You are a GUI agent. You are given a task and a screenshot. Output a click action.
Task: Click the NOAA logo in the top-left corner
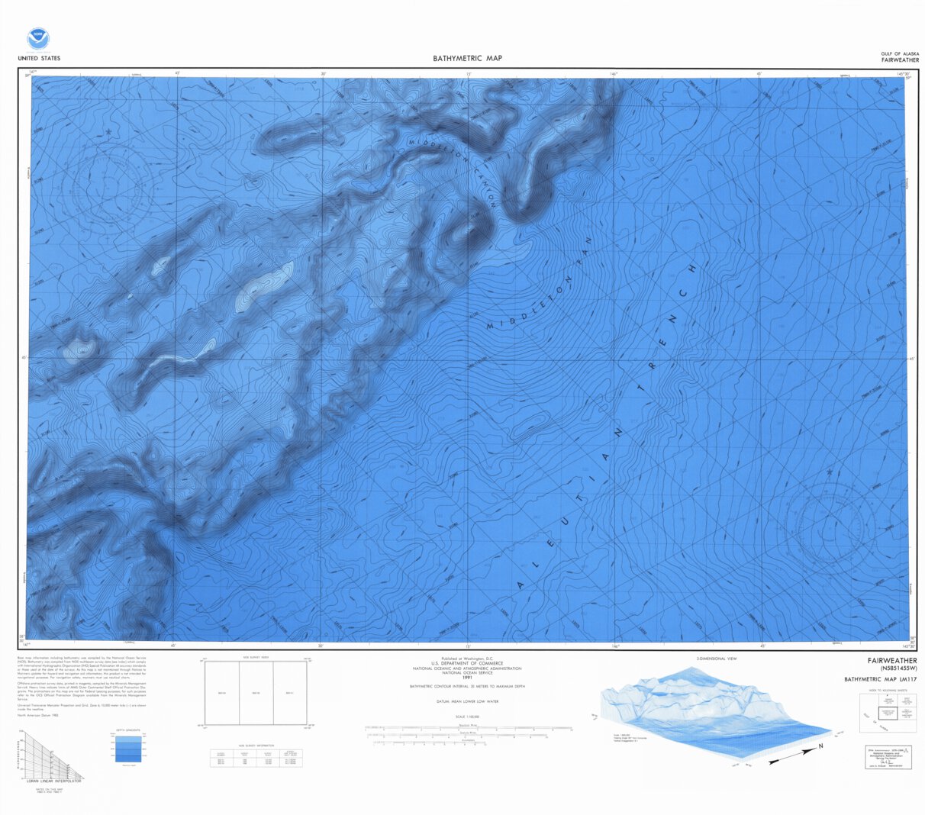pyautogui.click(x=37, y=39)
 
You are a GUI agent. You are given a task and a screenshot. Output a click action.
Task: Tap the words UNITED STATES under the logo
pyautogui.click(x=38, y=59)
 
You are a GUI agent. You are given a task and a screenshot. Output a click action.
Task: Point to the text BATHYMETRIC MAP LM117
pyautogui.click(x=880, y=679)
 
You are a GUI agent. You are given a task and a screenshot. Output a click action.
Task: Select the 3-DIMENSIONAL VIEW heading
pyautogui.click(x=716, y=658)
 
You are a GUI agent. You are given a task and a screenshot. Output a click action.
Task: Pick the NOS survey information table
pyautogui.click(x=256, y=757)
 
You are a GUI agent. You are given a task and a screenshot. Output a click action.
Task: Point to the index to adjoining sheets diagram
pyautogui.click(x=888, y=710)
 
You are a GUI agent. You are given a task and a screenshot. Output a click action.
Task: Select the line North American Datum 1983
pyautogui.click(x=39, y=716)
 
